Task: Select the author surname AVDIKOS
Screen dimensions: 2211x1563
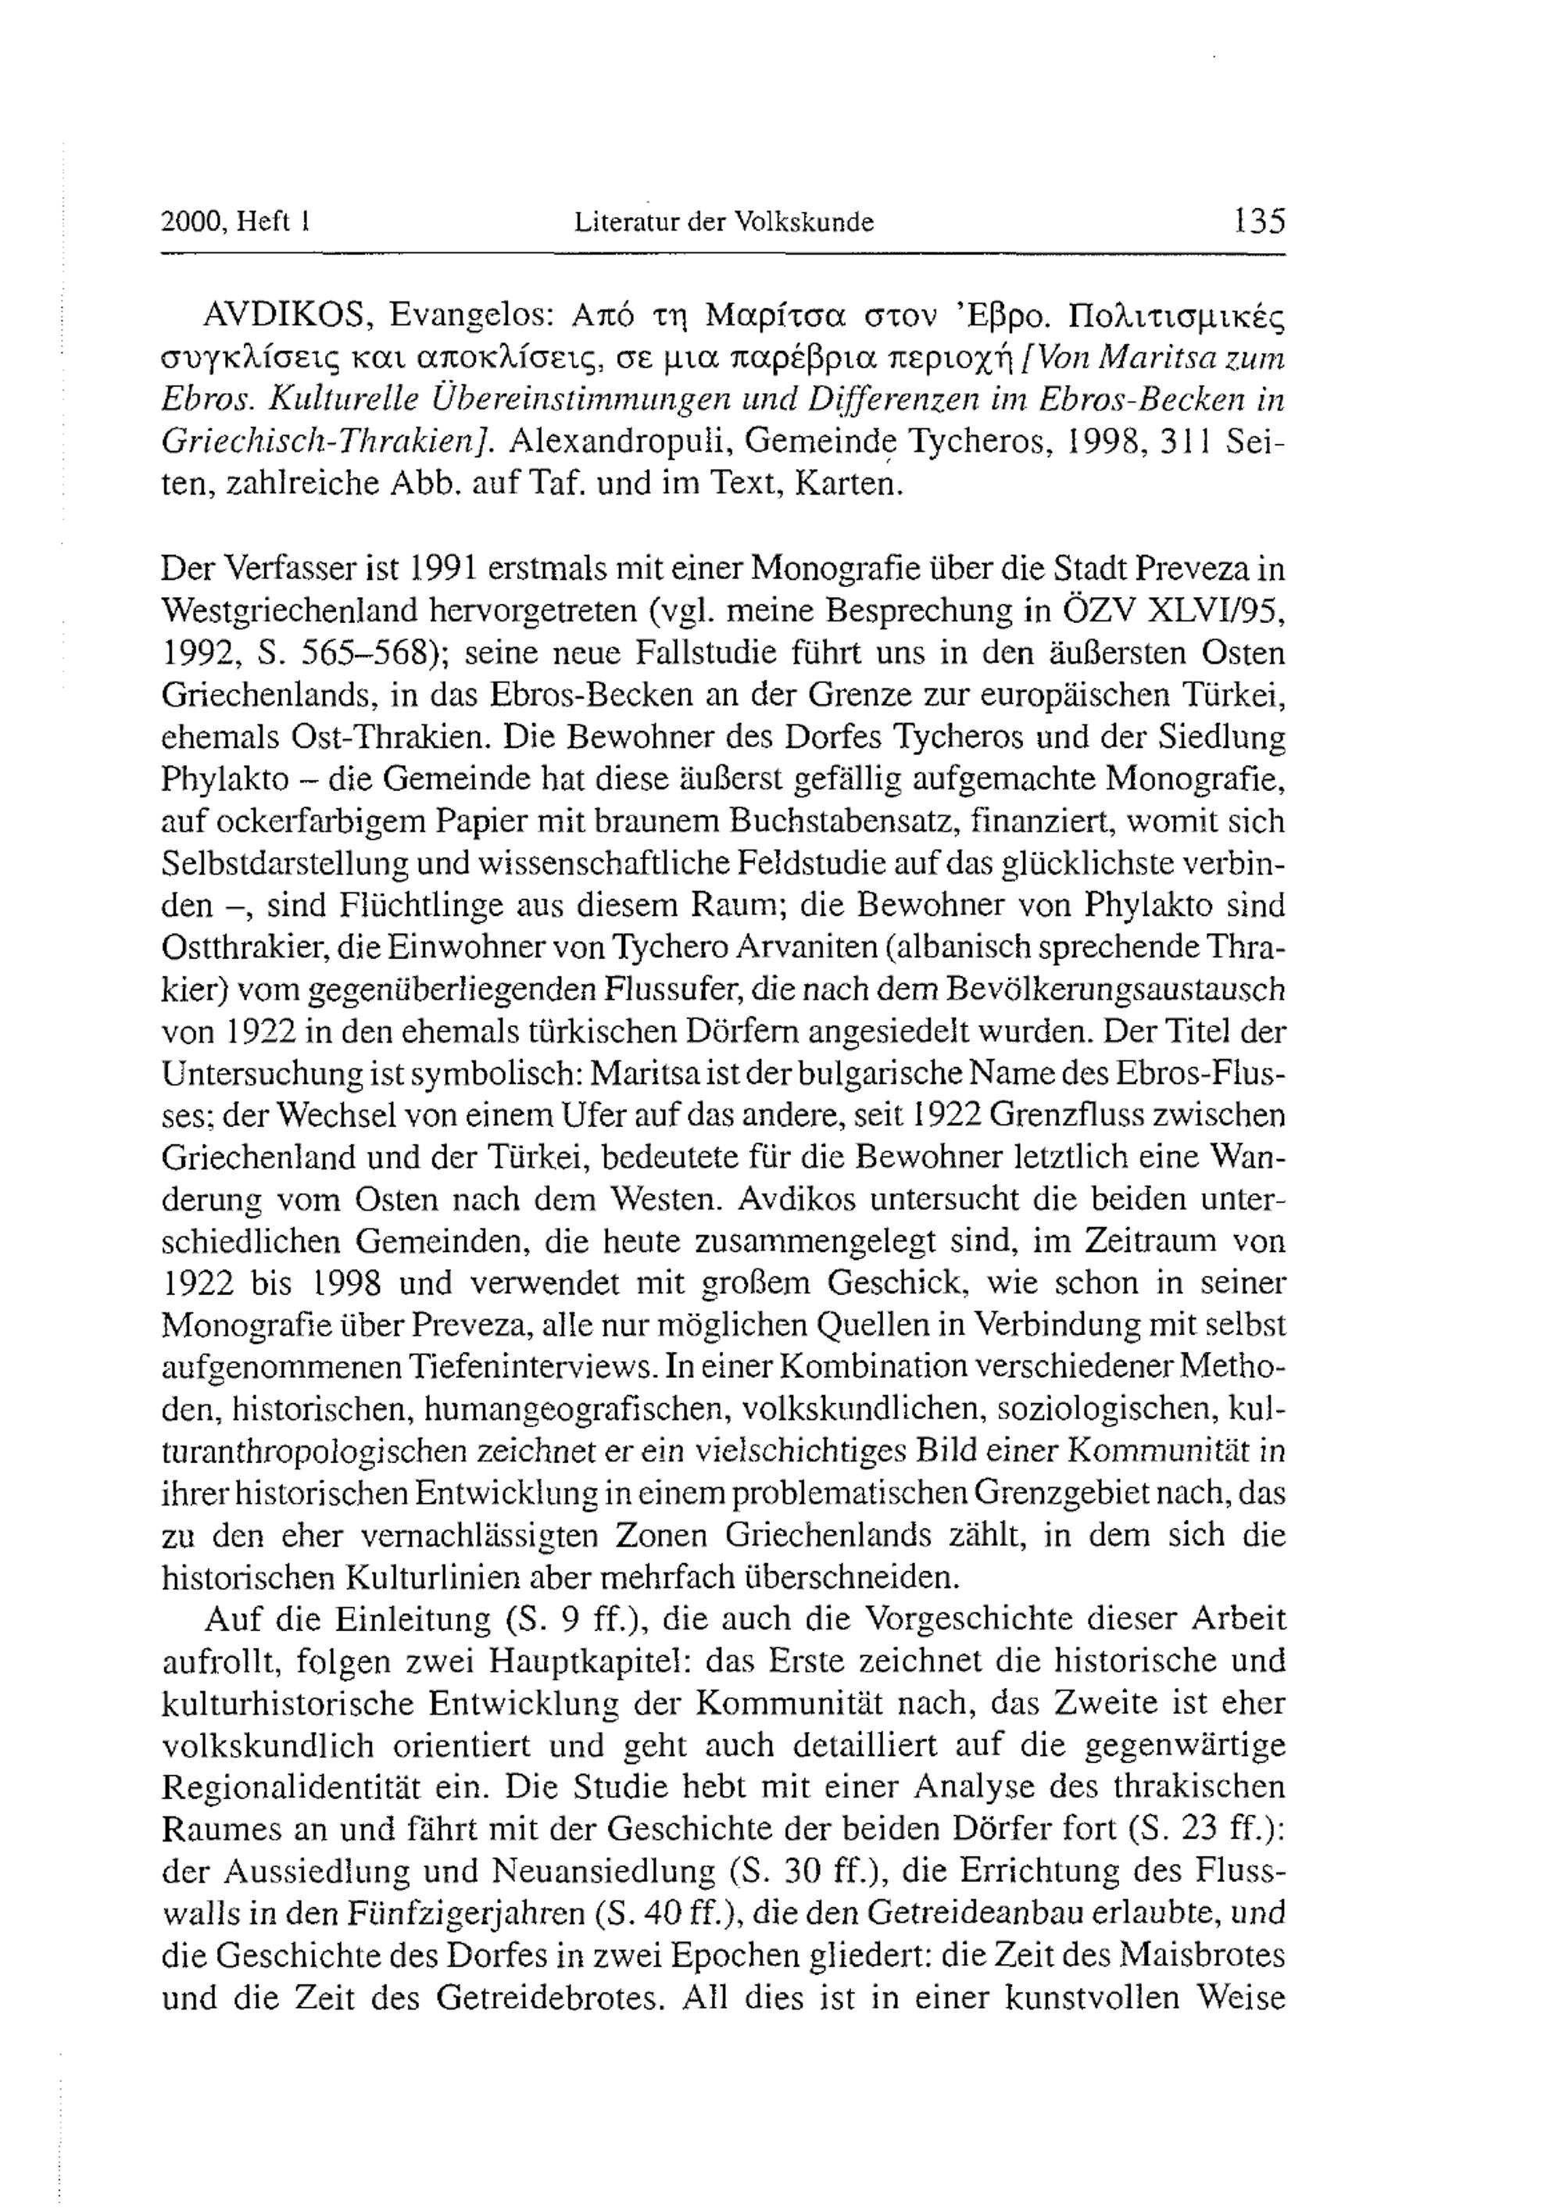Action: (x=284, y=315)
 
